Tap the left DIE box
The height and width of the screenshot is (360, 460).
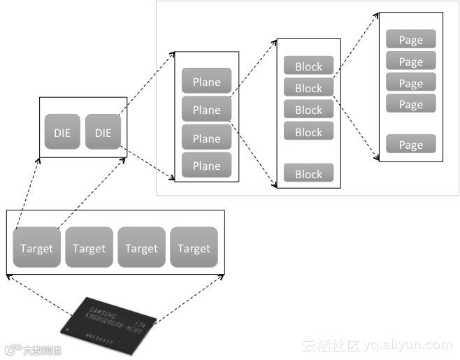coord(62,132)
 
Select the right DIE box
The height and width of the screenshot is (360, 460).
coord(103,132)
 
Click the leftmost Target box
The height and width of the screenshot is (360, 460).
coord(36,247)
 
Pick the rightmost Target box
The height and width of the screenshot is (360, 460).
coord(194,247)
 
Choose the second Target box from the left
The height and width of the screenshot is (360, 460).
coord(89,247)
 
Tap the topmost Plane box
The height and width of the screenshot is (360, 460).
coord(206,82)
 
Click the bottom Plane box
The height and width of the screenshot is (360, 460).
coord(206,166)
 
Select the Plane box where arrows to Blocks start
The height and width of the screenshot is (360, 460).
coord(206,110)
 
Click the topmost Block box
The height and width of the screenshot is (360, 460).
coord(308,66)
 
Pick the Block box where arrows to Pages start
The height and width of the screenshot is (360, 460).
coord(308,88)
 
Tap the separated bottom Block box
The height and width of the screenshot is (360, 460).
coord(308,174)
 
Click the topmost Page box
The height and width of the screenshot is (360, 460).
coord(411,40)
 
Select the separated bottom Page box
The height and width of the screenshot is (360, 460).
coord(411,145)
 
